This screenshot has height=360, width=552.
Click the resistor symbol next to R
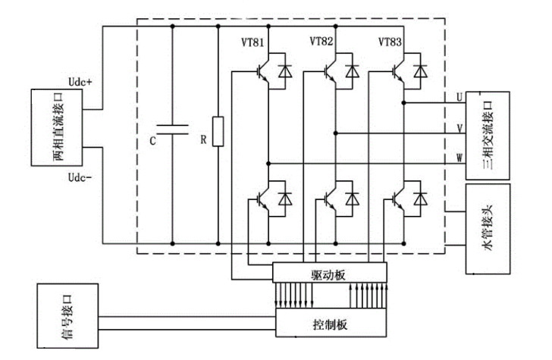coord(218,132)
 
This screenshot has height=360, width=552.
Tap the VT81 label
coord(255,42)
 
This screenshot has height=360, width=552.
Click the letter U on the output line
coord(459,96)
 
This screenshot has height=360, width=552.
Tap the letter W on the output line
coord(459,158)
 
